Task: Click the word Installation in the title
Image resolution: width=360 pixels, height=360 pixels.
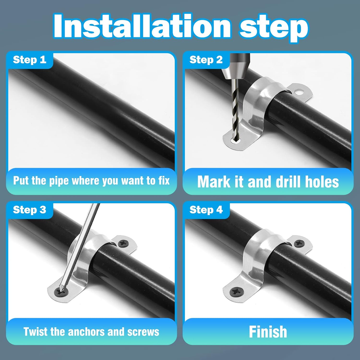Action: coord(142,26)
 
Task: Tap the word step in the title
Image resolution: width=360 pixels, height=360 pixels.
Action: coord(273,28)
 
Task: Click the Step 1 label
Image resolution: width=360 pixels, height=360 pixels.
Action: coord(30,60)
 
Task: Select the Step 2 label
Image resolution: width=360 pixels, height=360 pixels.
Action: coord(206,60)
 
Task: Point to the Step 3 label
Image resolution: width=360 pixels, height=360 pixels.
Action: coord(30,210)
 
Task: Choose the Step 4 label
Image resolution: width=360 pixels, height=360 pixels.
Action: coord(206,210)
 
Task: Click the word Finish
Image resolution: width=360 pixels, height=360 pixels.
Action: coord(268,332)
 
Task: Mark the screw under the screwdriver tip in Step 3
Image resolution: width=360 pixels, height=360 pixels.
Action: coord(62,292)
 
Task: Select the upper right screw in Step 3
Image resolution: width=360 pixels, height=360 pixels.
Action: coord(123,243)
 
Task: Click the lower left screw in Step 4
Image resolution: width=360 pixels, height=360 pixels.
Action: coord(237,292)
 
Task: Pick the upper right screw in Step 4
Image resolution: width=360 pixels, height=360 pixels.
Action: coord(300,243)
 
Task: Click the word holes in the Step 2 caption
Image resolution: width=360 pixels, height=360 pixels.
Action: coord(322,181)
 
